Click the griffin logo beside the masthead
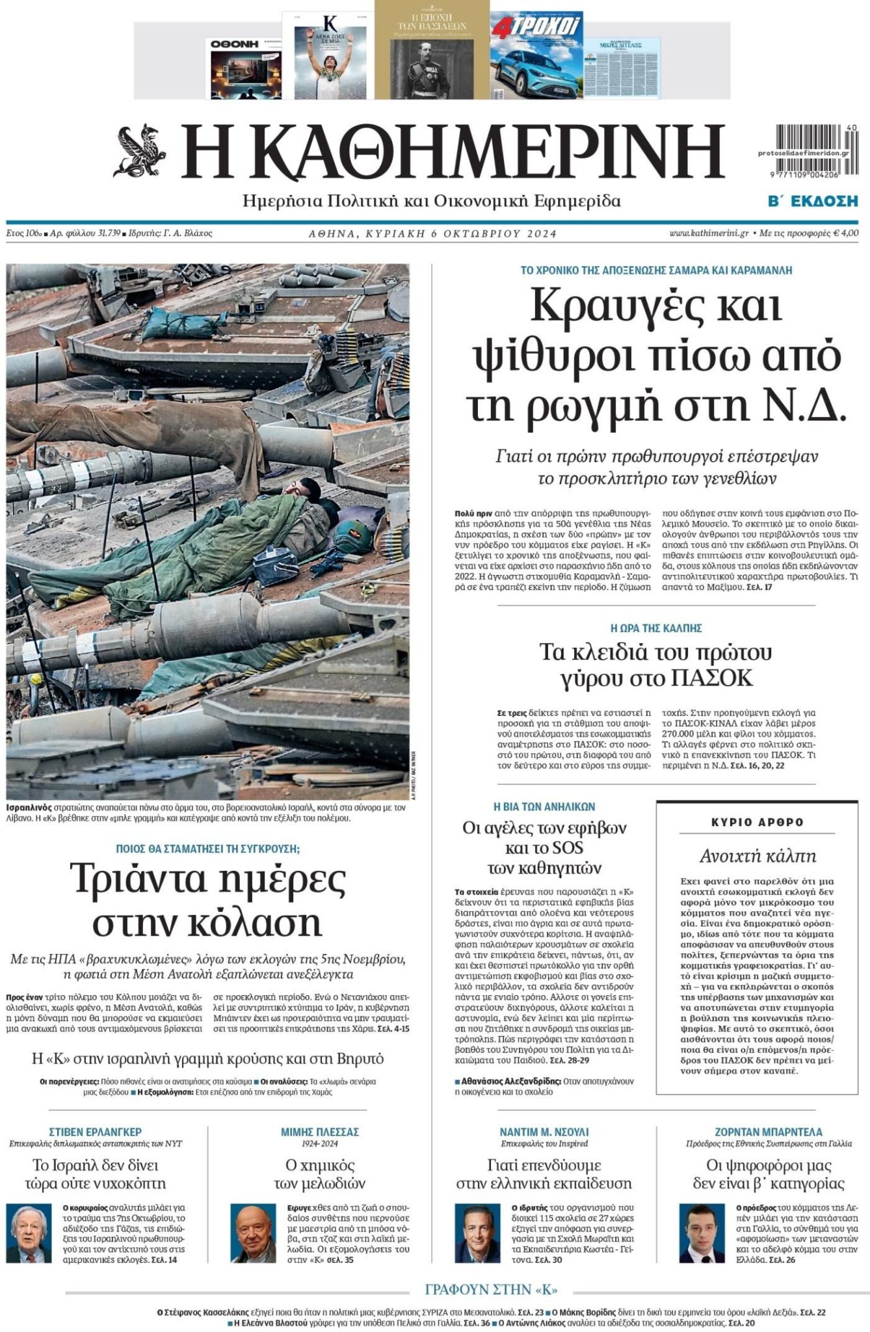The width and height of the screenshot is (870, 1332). pos(140,151)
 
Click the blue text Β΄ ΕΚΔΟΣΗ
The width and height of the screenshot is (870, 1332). pos(813,201)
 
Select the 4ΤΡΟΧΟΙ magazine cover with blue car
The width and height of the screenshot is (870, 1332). pos(536,57)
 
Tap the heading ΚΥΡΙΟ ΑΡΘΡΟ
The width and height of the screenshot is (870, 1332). pos(758,822)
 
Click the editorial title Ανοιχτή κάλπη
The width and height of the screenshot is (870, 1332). pos(758,856)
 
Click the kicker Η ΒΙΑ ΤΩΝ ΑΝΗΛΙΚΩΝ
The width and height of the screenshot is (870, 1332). pos(544,806)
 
